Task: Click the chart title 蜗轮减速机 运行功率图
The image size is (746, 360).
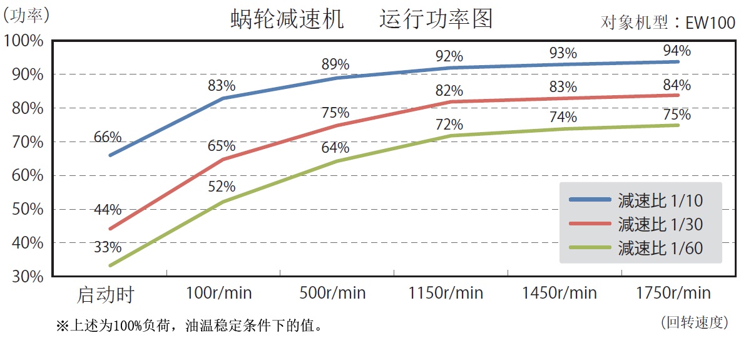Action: click(362, 19)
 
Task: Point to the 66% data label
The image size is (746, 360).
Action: click(108, 137)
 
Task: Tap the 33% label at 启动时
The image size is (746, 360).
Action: click(108, 248)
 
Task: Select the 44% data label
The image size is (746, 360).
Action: click(108, 210)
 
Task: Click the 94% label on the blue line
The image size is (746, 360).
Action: click(677, 51)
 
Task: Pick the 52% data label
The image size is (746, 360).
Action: click(222, 187)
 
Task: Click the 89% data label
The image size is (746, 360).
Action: click(335, 64)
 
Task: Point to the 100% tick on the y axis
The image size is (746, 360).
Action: click(24, 41)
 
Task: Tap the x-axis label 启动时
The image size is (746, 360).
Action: click(106, 294)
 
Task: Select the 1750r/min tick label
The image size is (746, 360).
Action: click(673, 293)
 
